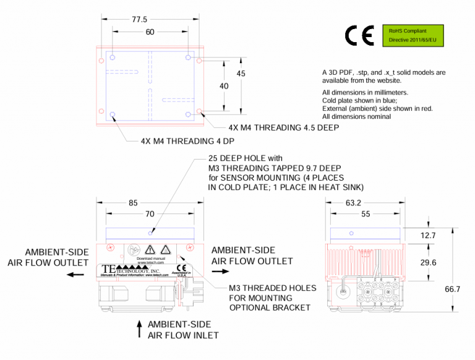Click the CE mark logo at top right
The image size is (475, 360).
coord(359,36)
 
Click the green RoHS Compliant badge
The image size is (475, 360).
coord(413,35)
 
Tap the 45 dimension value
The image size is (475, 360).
coord(241,74)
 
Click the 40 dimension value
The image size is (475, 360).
coord(224,86)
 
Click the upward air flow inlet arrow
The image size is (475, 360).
coord(140,328)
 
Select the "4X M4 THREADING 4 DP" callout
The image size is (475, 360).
coord(184,141)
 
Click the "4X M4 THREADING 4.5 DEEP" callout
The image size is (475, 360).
coord(283,127)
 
